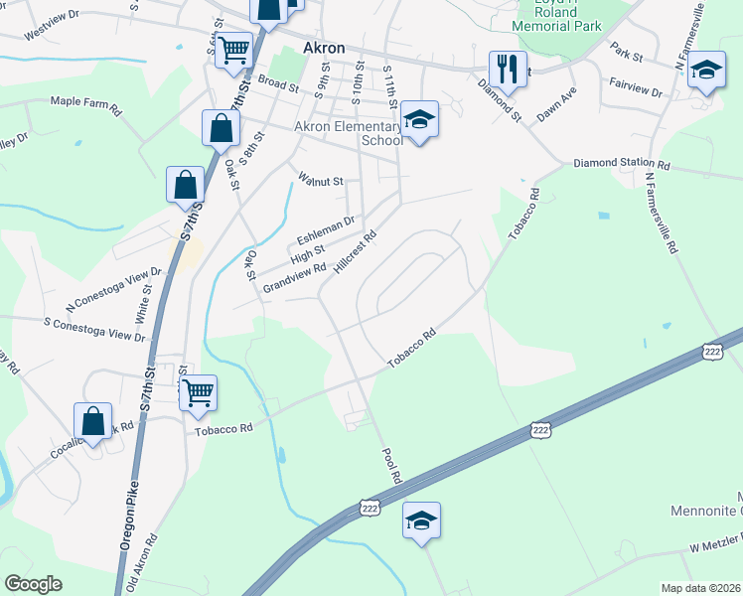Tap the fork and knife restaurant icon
point(508,69)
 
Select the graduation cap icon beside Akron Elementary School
point(420,119)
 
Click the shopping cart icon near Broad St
point(233,49)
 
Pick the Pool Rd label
point(392,465)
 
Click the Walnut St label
point(320,181)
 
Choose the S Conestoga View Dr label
point(94,329)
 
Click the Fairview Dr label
point(637,90)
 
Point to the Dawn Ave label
point(556,104)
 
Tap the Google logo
point(34,584)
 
